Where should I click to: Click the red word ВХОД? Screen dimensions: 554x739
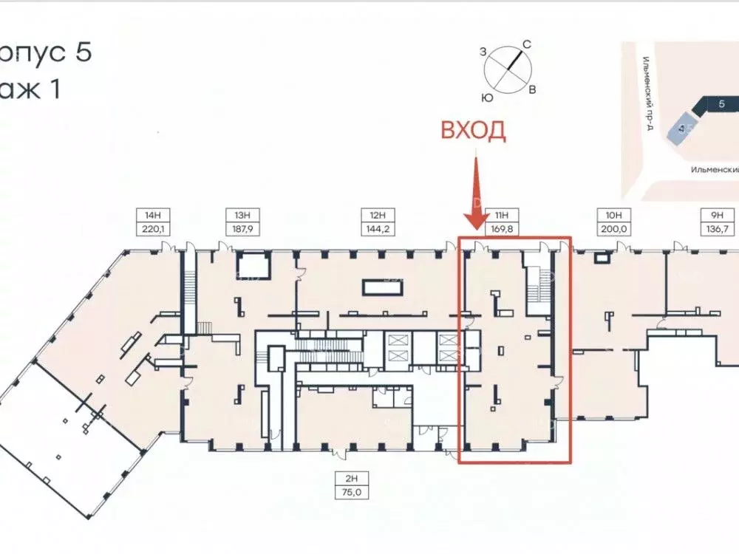tap(474, 131)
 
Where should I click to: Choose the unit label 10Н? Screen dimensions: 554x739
tap(613, 215)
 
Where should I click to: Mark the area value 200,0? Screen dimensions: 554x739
tap(613, 229)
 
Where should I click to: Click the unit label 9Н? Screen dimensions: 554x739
tap(716, 215)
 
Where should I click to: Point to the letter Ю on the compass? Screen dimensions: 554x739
tap(488, 97)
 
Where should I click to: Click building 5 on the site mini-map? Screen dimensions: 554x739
tap(720, 105)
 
